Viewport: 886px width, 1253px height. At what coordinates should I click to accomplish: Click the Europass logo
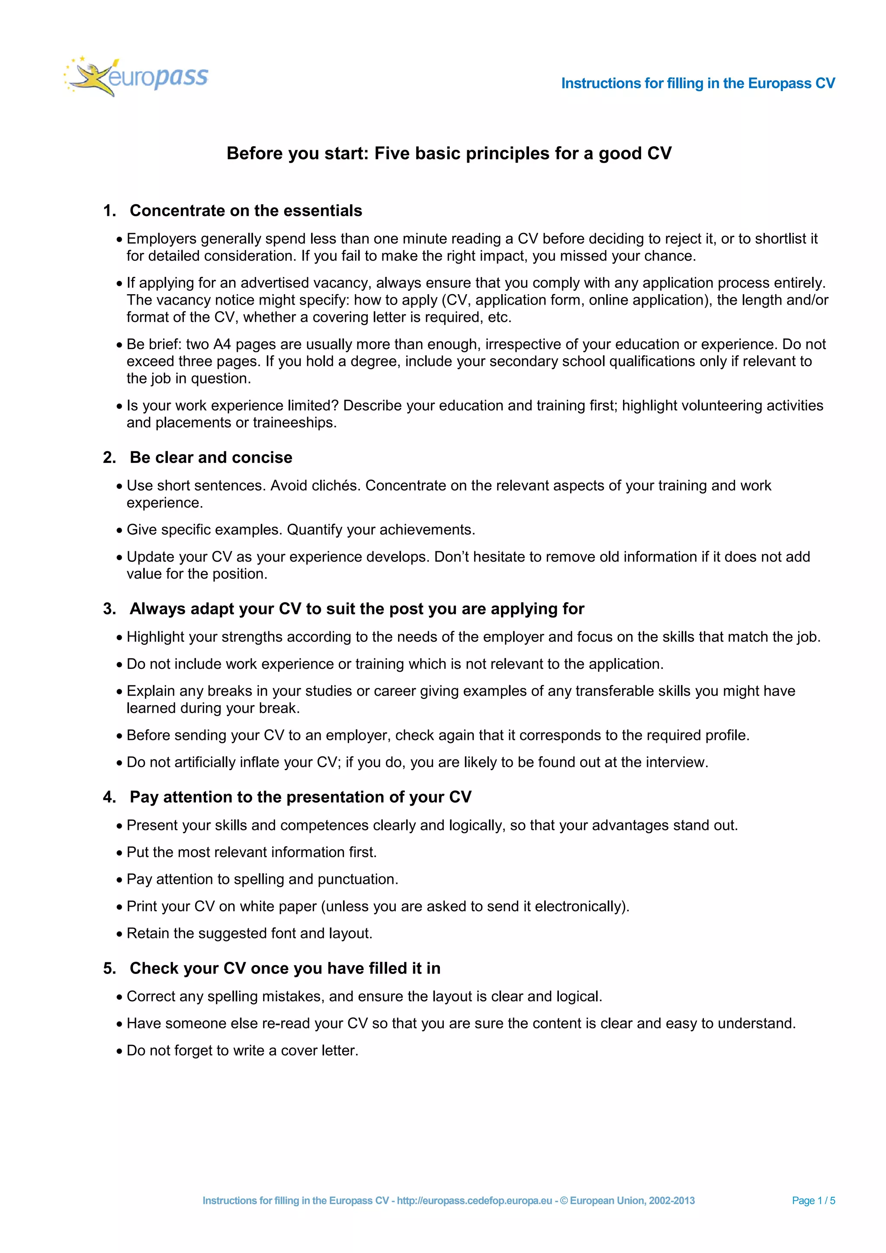pos(136,77)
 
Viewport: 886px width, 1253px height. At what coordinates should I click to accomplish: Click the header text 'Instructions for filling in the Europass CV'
pos(698,84)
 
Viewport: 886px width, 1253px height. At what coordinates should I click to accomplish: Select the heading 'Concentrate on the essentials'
pos(245,211)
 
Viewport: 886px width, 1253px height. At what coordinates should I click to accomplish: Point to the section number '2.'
pos(109,457)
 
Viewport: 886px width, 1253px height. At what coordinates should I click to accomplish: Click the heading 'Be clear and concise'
pos(211,457)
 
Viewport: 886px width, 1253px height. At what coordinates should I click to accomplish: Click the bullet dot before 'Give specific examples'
pos(119,530)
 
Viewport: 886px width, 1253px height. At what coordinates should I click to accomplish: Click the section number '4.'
pos(109,797)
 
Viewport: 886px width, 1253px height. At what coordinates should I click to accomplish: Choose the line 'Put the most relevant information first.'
pos(251,852)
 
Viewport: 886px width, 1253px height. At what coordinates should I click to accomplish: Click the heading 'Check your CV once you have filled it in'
pos(285,969)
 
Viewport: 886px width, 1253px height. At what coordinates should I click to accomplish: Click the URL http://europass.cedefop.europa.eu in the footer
pos(474,1201)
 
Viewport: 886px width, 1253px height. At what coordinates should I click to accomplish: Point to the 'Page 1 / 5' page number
pos(813,1201)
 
